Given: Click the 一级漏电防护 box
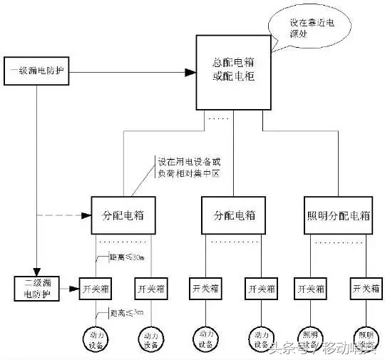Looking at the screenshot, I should [x=38, y=73].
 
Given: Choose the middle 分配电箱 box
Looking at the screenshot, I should [x=234, y=215].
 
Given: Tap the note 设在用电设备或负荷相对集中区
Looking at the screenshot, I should [x=186, y=168].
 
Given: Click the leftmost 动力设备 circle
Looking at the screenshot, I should [x=93, y=338].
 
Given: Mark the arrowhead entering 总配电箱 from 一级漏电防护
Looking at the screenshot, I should [x=190, y=73].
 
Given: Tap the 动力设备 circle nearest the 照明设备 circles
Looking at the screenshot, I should [x=260, y=338].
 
